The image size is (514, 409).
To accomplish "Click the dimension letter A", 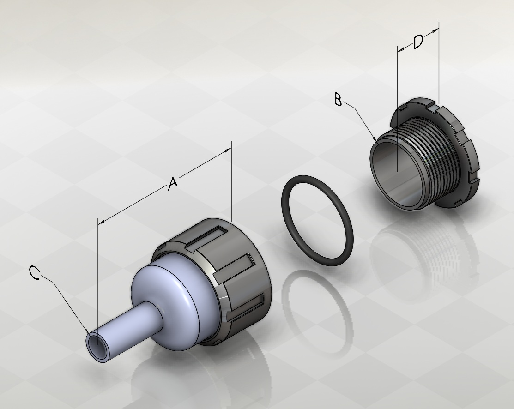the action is tap(172, 184).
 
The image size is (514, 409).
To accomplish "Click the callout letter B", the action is tap(339, 99).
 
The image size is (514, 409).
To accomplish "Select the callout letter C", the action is tap(35, 273).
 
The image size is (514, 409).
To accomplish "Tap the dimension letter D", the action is tap(418, 42).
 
